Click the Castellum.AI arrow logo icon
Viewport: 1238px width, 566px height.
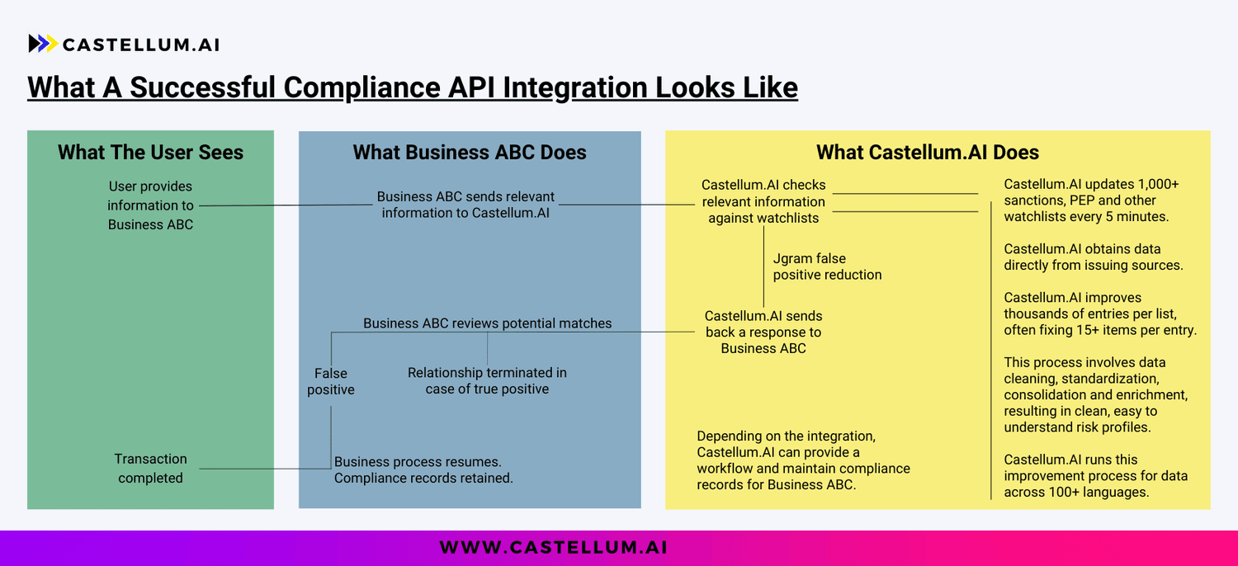point(43,44)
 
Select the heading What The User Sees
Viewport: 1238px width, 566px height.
point(150,153)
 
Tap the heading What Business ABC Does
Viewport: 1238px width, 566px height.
point(470,153)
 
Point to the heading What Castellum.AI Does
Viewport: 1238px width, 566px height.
point(927,153)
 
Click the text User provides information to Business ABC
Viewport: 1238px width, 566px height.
point(150,205)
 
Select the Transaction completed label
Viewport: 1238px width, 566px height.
point(150,468)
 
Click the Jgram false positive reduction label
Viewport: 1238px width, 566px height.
point(827,266)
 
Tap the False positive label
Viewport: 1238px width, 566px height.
point(331,381)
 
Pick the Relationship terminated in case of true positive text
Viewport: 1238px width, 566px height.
point(487,380)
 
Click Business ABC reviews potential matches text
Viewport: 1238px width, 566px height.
point(487,323)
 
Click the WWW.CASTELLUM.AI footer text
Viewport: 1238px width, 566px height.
point(553,547)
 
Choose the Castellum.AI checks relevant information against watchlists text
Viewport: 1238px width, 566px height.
point(763,201)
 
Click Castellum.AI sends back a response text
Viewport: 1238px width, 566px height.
point(763,332)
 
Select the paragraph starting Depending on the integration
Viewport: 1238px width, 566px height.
point(803,460)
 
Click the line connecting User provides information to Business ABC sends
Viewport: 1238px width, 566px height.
point(285,205)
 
